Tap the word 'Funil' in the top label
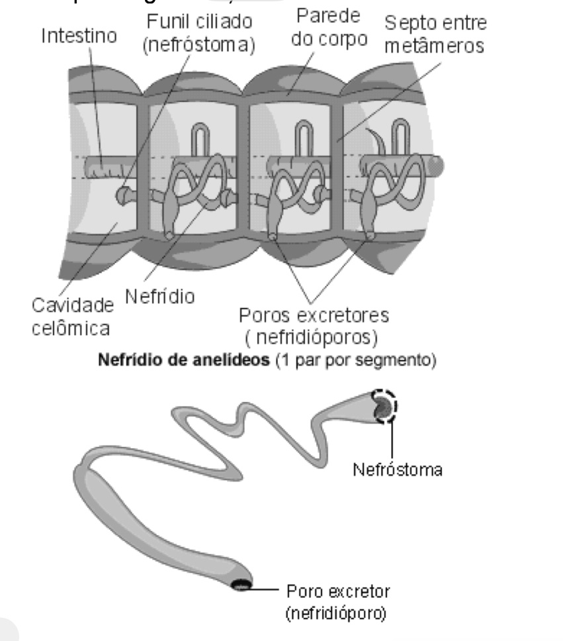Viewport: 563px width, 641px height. pyautogui.click(x=166, y=22)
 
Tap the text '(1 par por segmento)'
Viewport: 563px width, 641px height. pyautogui.click(x=345, y=363)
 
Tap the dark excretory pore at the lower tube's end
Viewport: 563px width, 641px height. pyautogui.click(x=241, y=583)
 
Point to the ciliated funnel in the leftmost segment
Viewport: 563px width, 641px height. pyautogui.click(x=123, y=195)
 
